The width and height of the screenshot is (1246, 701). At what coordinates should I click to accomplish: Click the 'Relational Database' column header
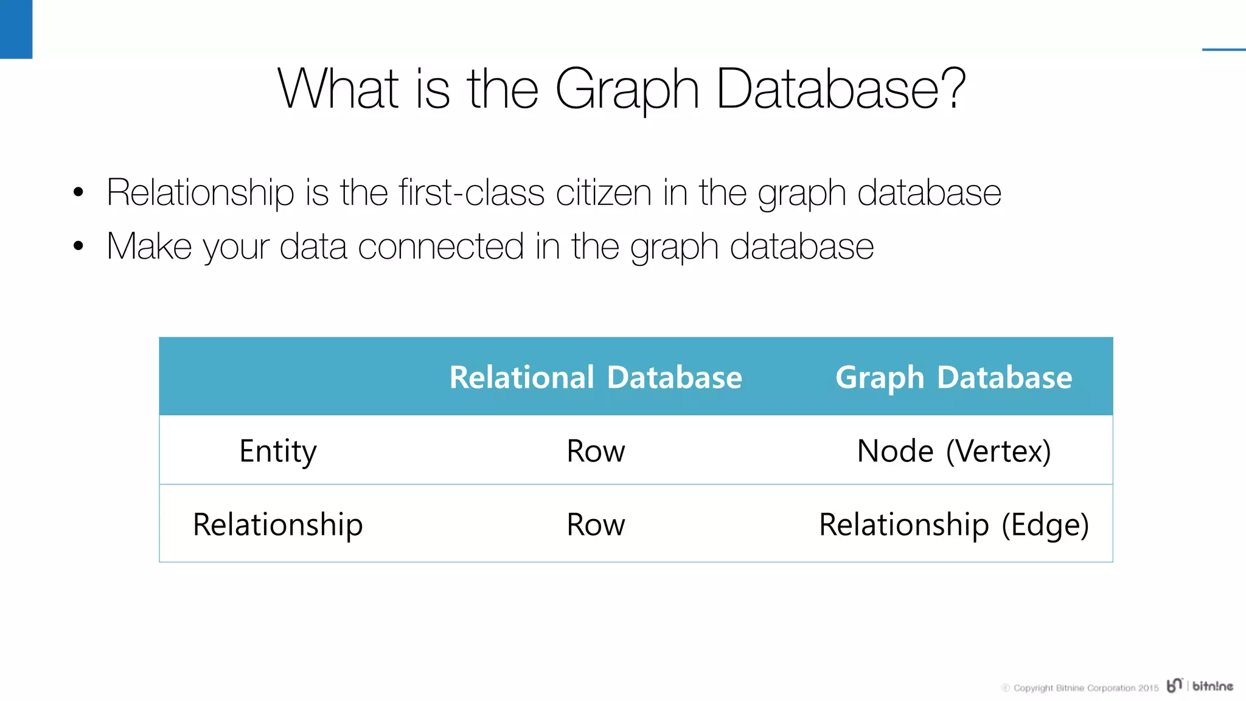(x=596, y=377)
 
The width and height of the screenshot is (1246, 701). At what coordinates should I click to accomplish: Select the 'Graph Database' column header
(x=953, y=377)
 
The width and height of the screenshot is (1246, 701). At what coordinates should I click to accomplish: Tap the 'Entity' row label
(x=278, y=452)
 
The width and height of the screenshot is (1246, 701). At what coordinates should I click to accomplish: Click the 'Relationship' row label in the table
(x=278, y=525)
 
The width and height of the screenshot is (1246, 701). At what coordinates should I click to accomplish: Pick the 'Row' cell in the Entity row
(x=596, y=452)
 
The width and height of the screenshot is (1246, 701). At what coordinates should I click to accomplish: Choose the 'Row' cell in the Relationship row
(x=596, y=525)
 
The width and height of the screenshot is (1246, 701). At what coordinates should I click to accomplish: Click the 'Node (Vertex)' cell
(x=953, y=452)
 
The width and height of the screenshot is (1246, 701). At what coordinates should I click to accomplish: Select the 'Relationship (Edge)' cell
(x=953, y=525)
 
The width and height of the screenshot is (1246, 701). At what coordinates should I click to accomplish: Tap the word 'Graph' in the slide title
(x=627, y=90)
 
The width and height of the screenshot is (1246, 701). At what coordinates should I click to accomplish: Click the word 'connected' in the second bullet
(x=440, y=246)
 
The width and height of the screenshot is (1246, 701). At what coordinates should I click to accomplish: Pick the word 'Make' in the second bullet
(x=149, y=246)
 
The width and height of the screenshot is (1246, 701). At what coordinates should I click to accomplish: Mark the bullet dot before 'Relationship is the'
(x=78, y=193)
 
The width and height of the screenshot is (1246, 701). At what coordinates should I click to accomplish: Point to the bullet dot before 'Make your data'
(x=78, y=246)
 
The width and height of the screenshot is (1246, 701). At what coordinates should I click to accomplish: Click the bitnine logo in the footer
(x=1200, y=686)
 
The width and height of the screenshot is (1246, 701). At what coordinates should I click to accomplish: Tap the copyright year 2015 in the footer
(x=1148, y=688)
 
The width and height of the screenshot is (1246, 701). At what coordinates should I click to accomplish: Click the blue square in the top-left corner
(x=16, y=29)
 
